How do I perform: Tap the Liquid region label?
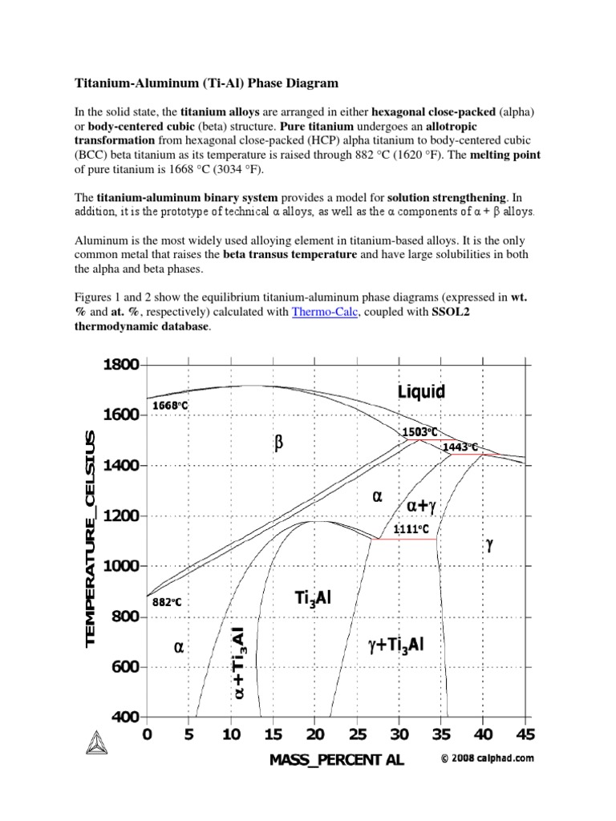coord(421,392)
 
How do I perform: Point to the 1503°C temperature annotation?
coord(415,431)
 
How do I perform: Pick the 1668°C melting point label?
coord(170,406)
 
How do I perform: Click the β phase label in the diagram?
coord(279,443)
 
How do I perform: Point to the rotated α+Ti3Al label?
coord(239,662)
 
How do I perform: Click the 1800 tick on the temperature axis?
coord(120,365)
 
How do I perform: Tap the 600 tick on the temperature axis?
coord(124,667)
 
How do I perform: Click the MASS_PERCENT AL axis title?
coord(337,761)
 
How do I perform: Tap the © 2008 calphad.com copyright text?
coord(487,757)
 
